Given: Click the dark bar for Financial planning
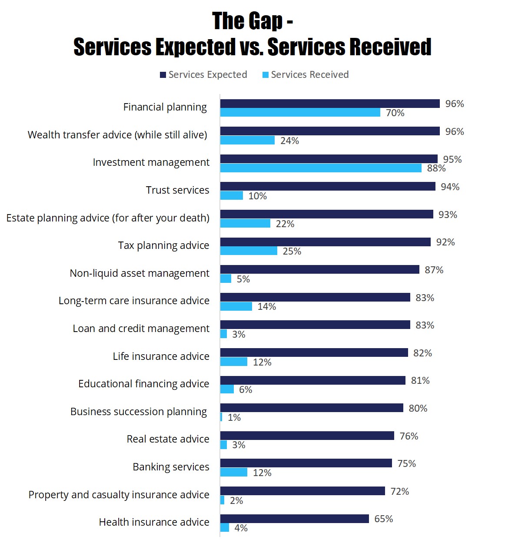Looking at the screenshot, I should tap(330, 104).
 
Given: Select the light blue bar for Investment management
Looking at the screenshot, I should tap(321, 168).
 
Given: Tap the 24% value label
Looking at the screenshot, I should tap(289, 141).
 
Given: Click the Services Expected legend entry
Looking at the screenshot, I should tap(203, 75).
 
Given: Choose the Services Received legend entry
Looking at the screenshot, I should tap(306, 75).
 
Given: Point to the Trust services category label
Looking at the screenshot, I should tap(177, 190).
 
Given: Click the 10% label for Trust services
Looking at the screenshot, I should tap(257, 196).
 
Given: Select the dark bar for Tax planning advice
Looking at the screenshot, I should tap(325, 242).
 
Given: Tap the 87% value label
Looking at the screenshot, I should tap(434, 270).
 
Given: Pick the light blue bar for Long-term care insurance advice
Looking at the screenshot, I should tap(236, 306).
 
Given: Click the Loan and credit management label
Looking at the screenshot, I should tap(141, 329).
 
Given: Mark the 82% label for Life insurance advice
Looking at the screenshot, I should tap(422, 353).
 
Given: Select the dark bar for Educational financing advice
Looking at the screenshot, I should tap(312, 380).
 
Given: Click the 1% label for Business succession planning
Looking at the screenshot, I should tap(234, 417).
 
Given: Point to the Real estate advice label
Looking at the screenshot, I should tap(168, 439).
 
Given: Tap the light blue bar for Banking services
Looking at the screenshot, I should tap(234, 472).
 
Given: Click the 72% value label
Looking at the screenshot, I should tap(399, 491).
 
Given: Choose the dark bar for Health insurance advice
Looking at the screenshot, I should tap(294, 519).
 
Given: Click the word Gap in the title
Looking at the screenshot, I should tap(266, 21).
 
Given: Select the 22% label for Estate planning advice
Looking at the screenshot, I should tap(285, 224).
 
